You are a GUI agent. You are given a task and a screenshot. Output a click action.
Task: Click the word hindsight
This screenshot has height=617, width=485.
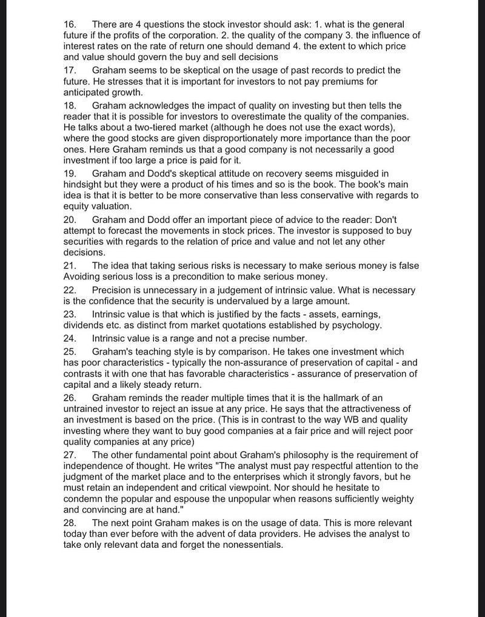coord(85,184)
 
